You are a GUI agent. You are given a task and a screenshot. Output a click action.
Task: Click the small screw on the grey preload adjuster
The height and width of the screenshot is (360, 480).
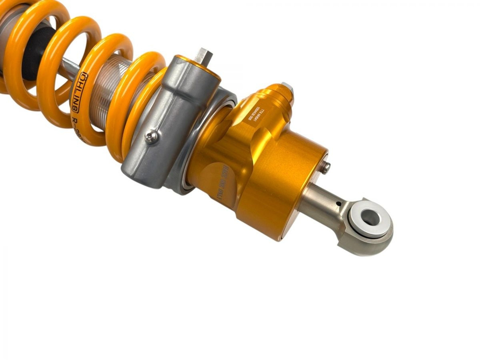click(x=151, y=138)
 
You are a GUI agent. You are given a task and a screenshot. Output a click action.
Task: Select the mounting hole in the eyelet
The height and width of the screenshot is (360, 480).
click(x=371, y=217)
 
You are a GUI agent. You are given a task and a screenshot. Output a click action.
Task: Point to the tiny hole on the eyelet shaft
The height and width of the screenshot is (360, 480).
click(x=339, y=204)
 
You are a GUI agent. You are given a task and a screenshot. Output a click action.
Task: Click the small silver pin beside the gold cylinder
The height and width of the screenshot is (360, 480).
click(x=326, y=167)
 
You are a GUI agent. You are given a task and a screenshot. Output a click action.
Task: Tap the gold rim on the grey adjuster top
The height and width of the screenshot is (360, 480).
click(x=198, y=66)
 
